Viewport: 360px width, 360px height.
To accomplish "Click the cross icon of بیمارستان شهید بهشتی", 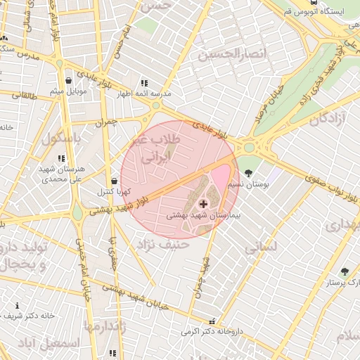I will pyautogui.click(x=204, y=204).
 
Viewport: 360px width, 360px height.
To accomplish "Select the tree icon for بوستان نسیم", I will pyautogui.click(x=248, y=173).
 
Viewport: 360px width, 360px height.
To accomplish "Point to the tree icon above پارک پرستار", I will pyautogui.click(x=345, y=271).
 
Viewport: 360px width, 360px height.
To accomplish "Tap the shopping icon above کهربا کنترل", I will pyautogui.click(x=114, y=181).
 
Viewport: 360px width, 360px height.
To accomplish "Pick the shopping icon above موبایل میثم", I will pyautogui.click(x=68, y=81).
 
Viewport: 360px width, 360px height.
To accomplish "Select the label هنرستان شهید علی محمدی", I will pyautogui.click(x=63, y=174).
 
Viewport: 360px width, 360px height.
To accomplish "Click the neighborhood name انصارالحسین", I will pyautogui.click(x=232, y=54).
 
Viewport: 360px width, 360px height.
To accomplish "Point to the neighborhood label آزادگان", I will pyautogui.click(x=323, y=120).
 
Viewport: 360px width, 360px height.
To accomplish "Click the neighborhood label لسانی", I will pyautogui.click(x=262, y=247).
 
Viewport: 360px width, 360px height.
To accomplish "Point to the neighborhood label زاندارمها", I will pyautogui.click(x=104, y=326).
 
